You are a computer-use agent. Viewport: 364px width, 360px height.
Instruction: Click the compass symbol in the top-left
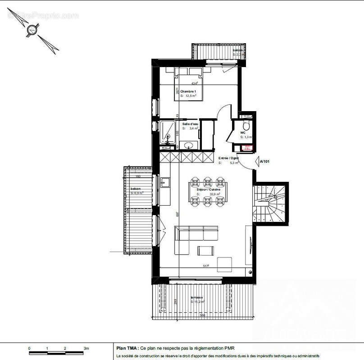[32, 31]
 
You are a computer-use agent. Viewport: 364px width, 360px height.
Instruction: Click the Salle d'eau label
[191, 124]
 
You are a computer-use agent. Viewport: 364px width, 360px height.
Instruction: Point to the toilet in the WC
[245, 124]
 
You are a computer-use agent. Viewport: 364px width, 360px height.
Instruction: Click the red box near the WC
[247, 148]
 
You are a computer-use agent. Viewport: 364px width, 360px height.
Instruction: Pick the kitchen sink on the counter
[165, 182]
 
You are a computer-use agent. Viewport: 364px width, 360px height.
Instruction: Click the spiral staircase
[269, 203]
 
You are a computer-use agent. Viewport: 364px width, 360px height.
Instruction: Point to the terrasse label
[196, 297]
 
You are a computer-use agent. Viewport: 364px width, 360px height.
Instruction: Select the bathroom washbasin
[189, 145]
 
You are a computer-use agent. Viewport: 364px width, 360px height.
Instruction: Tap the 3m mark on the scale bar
[86, 349]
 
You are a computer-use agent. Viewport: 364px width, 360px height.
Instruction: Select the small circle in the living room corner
[251, 272]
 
